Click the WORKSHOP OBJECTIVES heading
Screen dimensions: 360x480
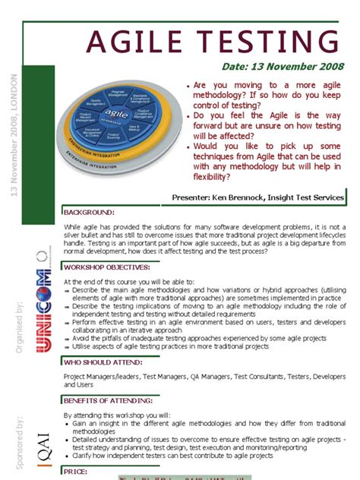tap(107, 267)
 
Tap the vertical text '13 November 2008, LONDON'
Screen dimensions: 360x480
tap(13, 134)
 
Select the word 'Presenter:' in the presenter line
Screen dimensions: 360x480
tap(198, 197)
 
